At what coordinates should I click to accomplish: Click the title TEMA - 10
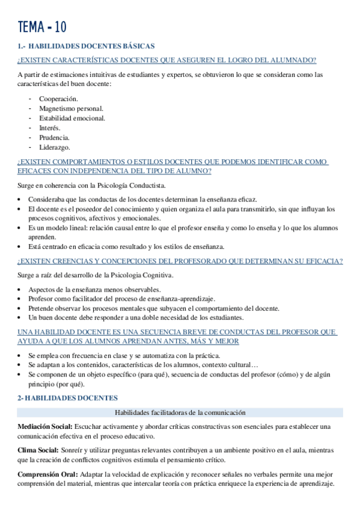point(42,27)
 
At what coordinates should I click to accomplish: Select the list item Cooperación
point(58,99)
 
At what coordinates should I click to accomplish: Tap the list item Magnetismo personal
point(71,108)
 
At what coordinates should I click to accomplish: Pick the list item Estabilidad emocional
point(72,118)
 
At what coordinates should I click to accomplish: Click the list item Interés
point(50,127)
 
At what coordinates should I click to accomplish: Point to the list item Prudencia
point(54,137)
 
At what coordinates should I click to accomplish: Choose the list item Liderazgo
point(55,147)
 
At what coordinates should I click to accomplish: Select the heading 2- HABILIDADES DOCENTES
point(68,398)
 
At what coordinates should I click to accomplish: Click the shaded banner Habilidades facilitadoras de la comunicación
point(180,413)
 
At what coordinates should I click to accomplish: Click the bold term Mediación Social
point(45,426)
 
